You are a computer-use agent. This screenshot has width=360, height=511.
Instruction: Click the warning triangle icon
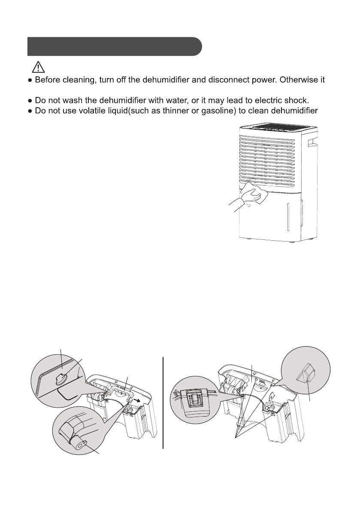[x=37, y=67]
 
